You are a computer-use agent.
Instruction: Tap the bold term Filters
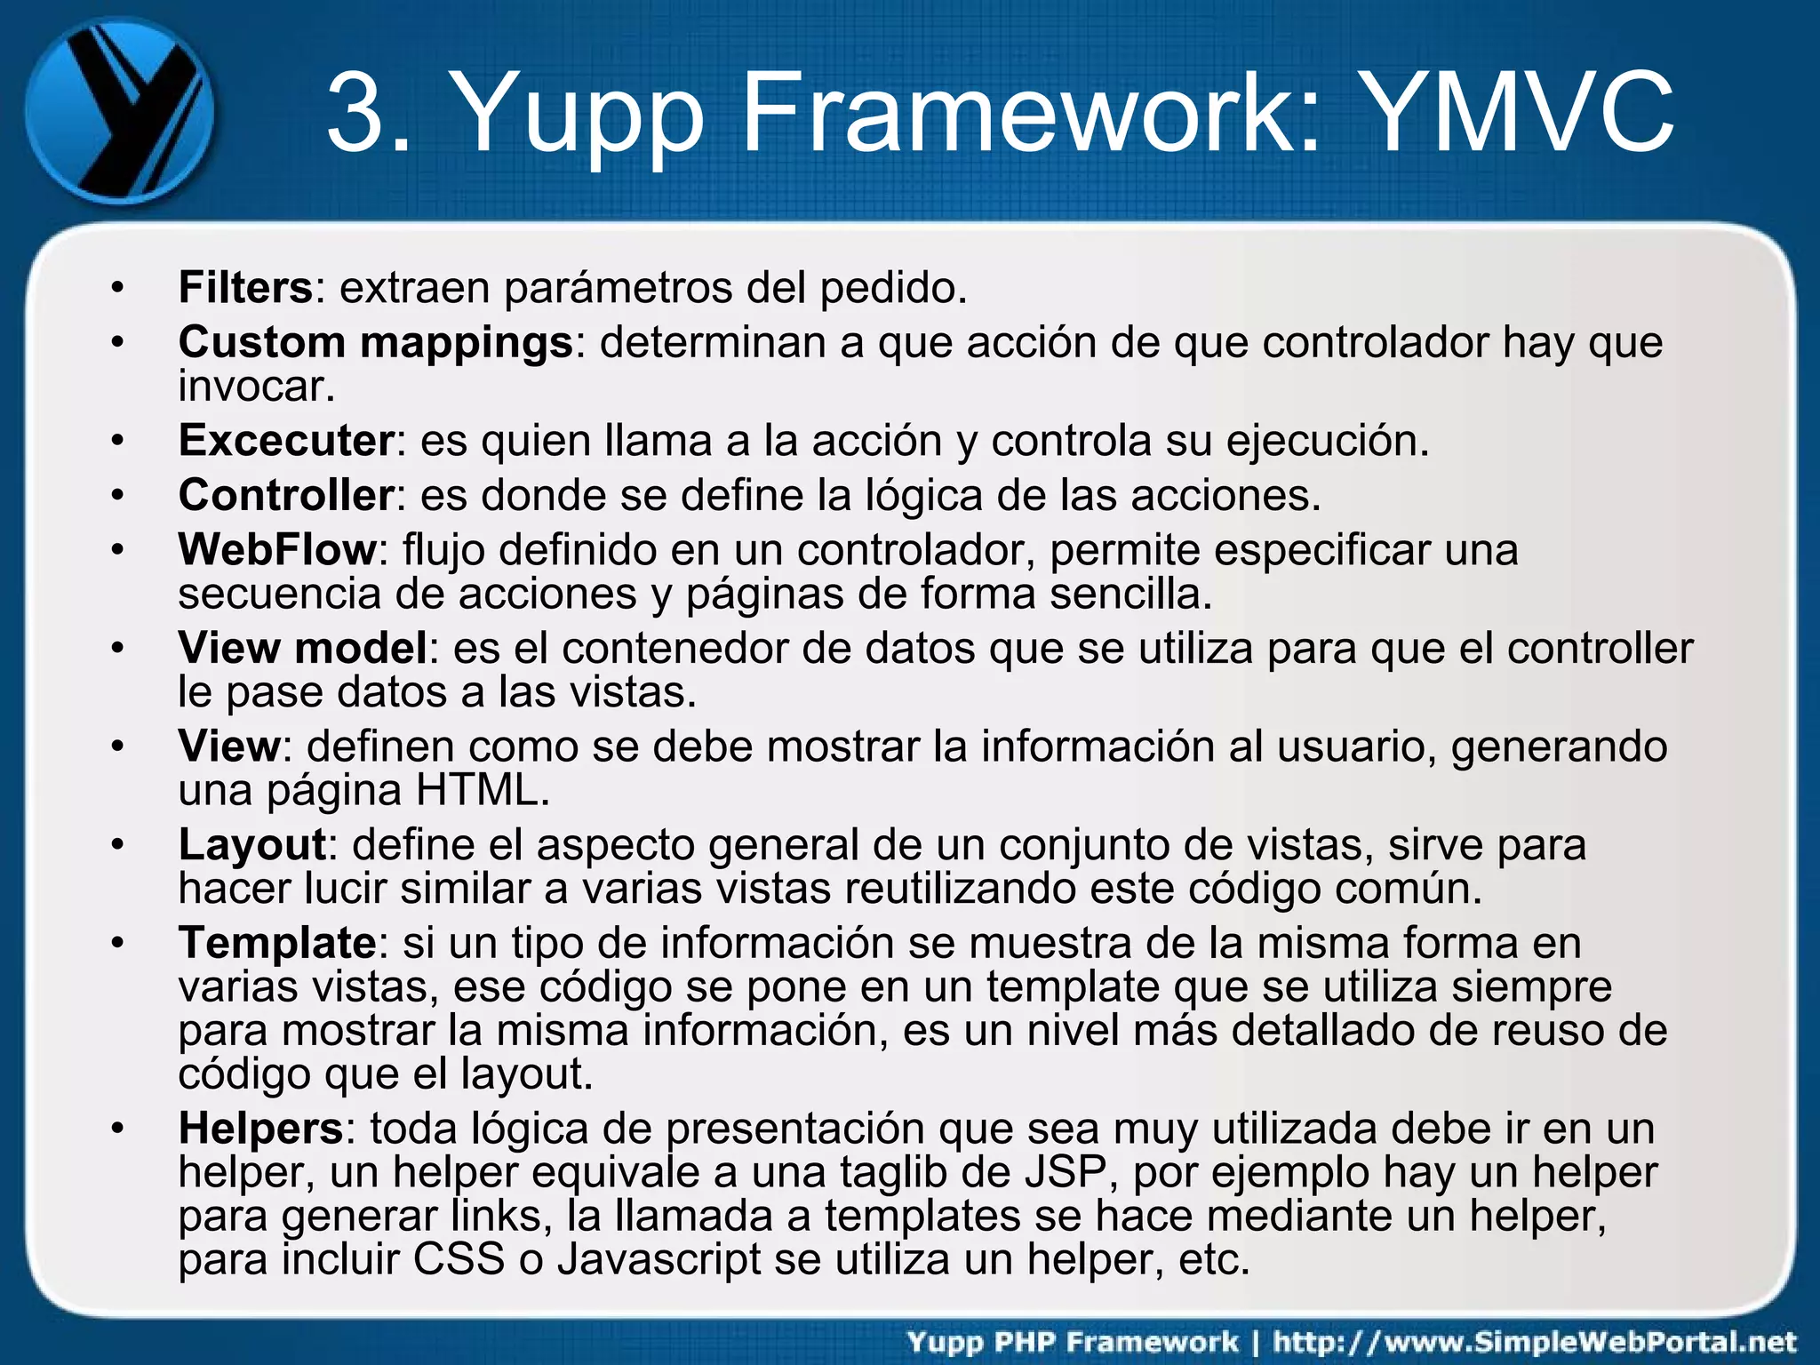pyautogui.click(x=245, y=287)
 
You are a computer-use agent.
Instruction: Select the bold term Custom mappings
pyautogui.click(x=376, y=342)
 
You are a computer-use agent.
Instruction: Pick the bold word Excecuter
pyautogui.click(x=286, y=440)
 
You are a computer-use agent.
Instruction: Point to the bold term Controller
pyautogui.click(x=286, y=495)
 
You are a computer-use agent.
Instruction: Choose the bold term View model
pyautogui.click(x=303, y=648)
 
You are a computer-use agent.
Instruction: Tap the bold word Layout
pyautogui.click(x=252, y=844)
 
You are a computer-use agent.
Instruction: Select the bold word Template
pyautogui.click(x=277, y=943)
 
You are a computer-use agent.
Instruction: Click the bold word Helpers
pyautogui.click(x=260, y=1129)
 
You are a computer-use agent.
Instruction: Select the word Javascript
pyautogui.click(x=659, y=1259)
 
